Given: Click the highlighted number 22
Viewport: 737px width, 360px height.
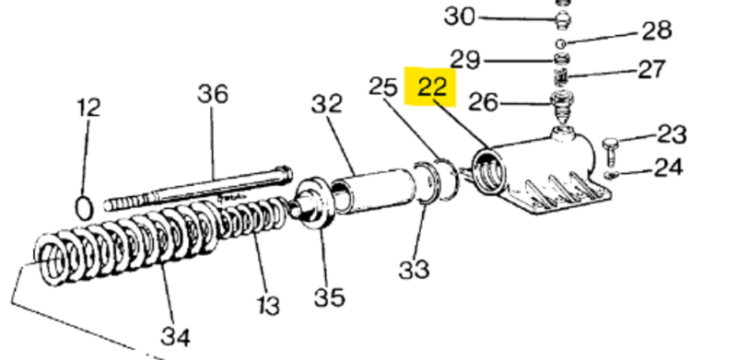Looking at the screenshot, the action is pos(432,87).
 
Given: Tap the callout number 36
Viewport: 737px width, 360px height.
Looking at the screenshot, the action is pos(213,94).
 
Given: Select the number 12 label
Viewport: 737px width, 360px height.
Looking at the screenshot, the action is pos(88,108).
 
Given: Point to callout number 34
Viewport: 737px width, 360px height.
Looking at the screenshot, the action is pos(175,337).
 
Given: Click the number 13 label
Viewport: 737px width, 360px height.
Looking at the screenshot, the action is pos(268,306).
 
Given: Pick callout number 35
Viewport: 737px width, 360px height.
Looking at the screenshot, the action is pos(329,297).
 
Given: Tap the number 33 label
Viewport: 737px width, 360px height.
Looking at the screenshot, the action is pos(414,271).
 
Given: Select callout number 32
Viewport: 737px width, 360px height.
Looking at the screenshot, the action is pos(327,104).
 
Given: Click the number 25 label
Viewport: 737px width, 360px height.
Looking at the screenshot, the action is pos(383,87).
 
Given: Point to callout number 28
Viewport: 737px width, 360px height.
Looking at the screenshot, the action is pos(657,30).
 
